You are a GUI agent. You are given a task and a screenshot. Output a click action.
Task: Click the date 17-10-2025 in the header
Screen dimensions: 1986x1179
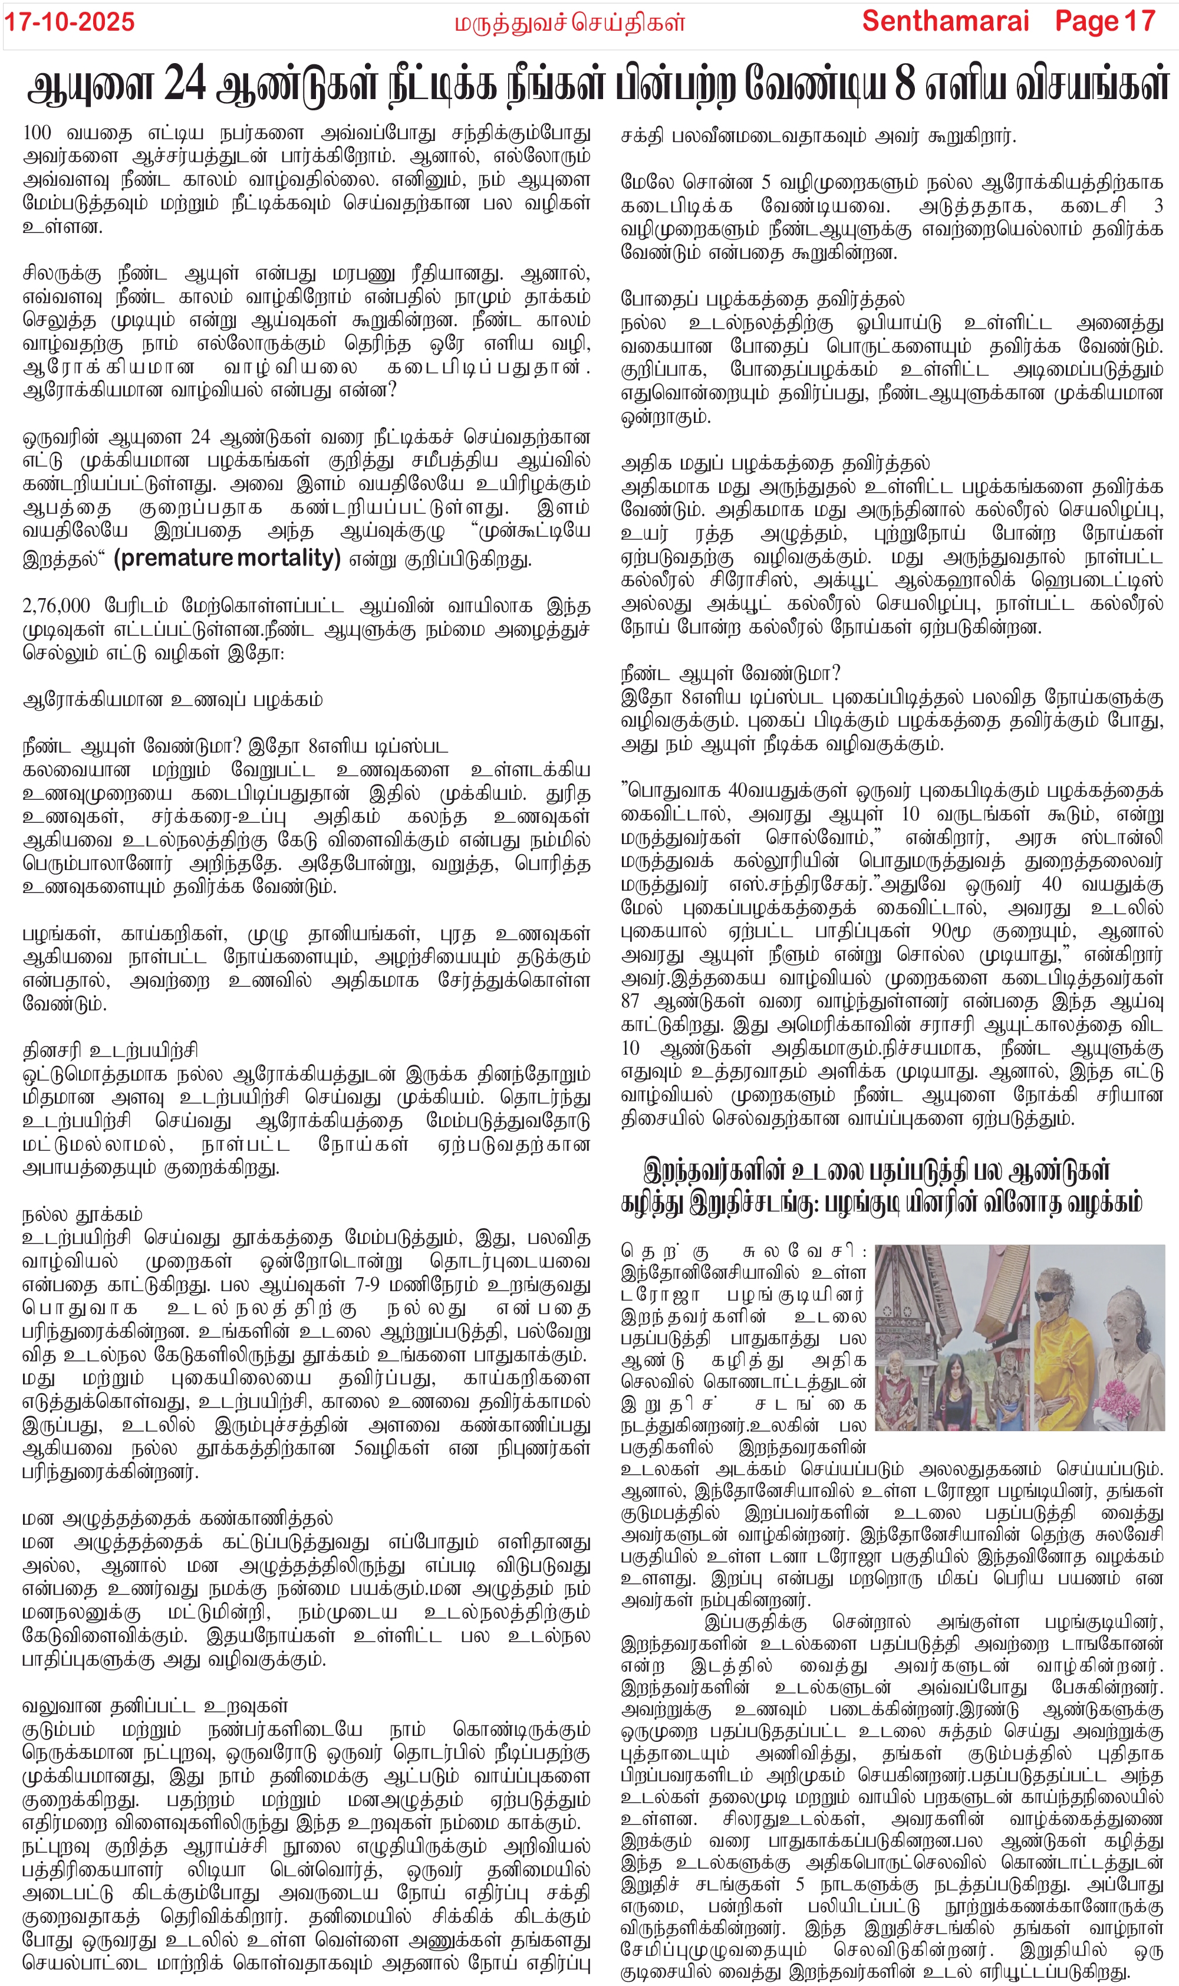point(70,22)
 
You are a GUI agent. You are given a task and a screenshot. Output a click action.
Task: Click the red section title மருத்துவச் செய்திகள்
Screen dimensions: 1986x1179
point(569,23)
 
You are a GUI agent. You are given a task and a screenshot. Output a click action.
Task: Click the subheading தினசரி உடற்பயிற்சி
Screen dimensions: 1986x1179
point(110,1051)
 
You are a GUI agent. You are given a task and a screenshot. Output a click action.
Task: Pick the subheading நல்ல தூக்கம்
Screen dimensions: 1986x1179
point(83,1214)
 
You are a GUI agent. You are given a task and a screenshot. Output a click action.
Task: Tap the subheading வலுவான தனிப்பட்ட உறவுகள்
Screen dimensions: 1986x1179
point(155,1705)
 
